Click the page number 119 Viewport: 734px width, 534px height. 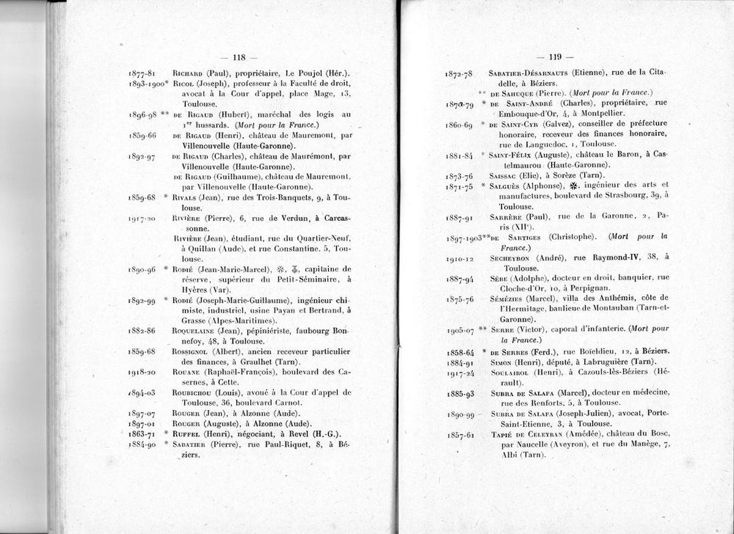point(555,57)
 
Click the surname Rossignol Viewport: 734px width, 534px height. point(191,351)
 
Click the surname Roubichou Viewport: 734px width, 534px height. point(192,393)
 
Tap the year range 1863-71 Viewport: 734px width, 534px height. point(141,434)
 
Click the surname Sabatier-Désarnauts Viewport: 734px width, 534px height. point(524,73)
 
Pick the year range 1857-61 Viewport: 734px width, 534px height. point(460,435)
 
